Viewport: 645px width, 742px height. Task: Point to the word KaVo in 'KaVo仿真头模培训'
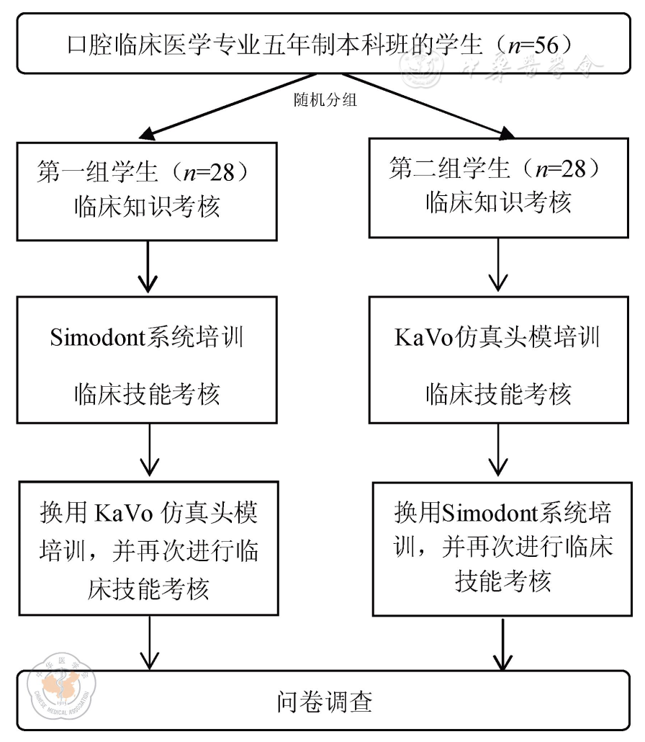(x=425, y=336)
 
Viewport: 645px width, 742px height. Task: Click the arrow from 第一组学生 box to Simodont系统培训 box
(x=148, y=266)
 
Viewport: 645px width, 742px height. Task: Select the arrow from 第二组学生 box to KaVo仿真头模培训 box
(x=497, y=264)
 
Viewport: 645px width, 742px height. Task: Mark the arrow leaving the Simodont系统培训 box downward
(x=148, y=451)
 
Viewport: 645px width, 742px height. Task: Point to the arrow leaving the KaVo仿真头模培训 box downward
(x=497, y=450)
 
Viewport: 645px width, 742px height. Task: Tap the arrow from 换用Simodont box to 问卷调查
(x=502, y=643)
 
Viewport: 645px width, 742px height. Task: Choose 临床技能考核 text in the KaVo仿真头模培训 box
(x=497, y=393)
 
